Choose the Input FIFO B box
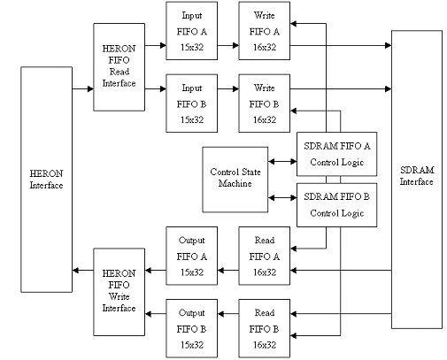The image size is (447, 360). click(x=192, y=102)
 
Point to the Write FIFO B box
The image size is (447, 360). click(x=265, y=102)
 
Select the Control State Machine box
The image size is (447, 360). click(x=235, y=178)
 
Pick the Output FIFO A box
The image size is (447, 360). click(x=192, y=255)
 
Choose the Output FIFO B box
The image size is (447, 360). click(x=192, y=329)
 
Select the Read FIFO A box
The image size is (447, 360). click(x=265, y=255)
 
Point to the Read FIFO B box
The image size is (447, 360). click(x=265, y=329)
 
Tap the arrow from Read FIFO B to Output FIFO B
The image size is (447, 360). click(x=227, y=329)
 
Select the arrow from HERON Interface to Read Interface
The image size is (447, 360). click(x=82, y=89)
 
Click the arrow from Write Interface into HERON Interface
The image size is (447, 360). click(x=82, y=269)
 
